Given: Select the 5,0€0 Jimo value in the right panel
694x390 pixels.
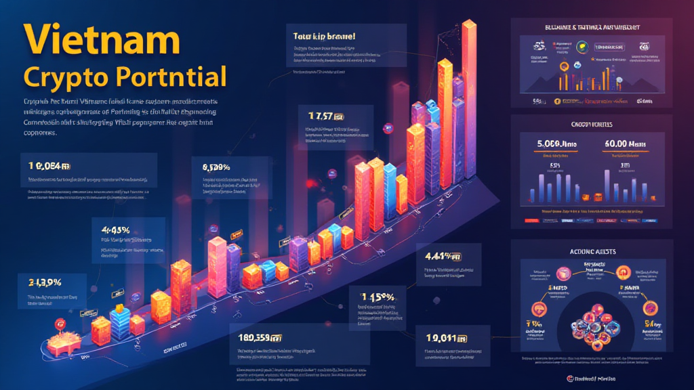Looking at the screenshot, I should tap(558, 144).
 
